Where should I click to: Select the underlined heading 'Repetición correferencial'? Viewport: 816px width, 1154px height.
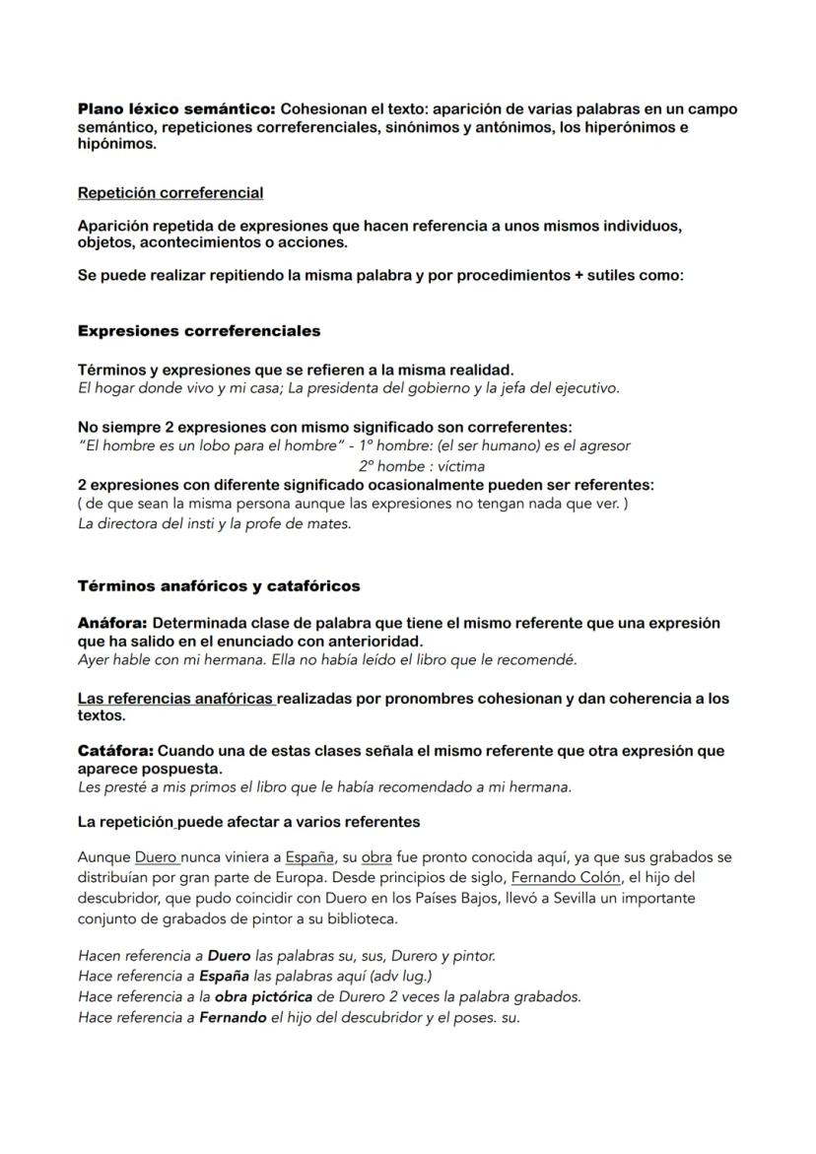(x=170, y=192)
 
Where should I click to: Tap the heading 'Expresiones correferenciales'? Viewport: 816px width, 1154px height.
(x=198, y=331)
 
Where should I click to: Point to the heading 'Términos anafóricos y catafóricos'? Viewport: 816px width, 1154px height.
(x=219, y=586)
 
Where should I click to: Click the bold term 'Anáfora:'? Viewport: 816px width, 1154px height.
(x=112, y=624)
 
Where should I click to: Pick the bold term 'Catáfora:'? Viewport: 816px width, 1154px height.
(x=115, y=751)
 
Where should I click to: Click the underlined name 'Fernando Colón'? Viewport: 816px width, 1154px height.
(x=566, y=876)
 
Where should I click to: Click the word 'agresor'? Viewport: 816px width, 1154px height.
(x=604, y=445)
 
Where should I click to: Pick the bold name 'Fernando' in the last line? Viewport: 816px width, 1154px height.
(x=233, y=1017)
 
